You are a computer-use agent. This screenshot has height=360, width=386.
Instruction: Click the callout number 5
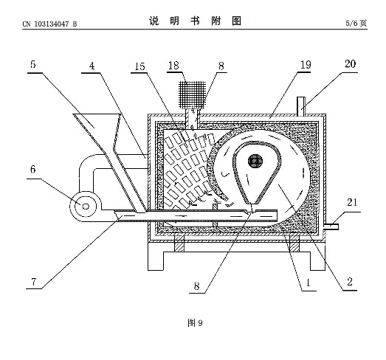tap(33, 64)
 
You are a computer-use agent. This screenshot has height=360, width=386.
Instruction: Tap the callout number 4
tap(92, 66)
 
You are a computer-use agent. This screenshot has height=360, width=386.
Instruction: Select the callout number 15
tap(139, 66)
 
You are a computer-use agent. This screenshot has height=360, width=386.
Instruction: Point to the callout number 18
tap(173, 66)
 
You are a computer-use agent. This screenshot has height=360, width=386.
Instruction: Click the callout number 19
tap(306, 65)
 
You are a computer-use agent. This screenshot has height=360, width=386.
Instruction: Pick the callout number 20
tap(351, 64)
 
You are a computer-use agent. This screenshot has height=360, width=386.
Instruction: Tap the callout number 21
tap(352, 202)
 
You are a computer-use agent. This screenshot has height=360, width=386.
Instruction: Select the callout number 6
tap(33, 169)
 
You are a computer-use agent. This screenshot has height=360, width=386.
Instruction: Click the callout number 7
tap(34, 281)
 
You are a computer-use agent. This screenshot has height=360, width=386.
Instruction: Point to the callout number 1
tap(308, 283)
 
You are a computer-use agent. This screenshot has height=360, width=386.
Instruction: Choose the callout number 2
tap(350, 282)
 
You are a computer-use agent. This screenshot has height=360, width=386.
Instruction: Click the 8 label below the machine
tap(196, 286)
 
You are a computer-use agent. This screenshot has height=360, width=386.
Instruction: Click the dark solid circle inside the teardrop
tap(255, 161)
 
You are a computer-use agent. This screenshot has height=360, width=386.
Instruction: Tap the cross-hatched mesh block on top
tap(192, 95)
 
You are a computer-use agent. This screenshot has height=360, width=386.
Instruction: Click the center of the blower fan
tap(86, 207)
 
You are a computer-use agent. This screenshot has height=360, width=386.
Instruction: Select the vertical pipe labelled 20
tap(301, 106)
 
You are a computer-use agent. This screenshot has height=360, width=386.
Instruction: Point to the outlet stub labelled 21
tap(331, 226)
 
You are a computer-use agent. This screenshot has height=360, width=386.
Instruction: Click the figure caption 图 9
tap(195, 322)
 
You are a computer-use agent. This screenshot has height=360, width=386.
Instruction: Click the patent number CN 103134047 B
tap(49, 24)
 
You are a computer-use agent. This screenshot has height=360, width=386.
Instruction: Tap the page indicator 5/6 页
tap(356, 23)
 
